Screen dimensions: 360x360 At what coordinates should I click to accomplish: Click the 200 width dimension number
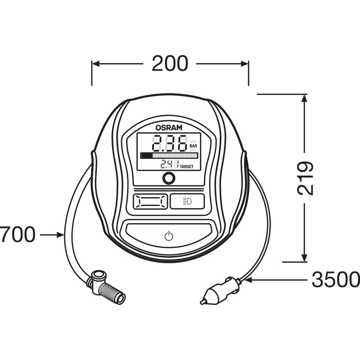pyautogui.click(x=170, y=63)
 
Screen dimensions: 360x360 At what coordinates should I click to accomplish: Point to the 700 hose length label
pyautogui.click(x=18, y=234)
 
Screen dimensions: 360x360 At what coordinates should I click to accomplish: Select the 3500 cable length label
pyautogui.click(x=336, y=279)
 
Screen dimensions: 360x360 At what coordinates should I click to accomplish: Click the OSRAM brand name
pyautogui.click(x=169, y=128)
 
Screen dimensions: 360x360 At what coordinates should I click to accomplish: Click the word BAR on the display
pyautogui.click(x=193, y=146)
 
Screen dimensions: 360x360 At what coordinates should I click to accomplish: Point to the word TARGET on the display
pyautogui.click(x=186, y=167)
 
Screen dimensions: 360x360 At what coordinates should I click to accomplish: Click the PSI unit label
pyautogui.click(x=192, y=150)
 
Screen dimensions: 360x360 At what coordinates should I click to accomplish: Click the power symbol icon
pyautogui.click(x=169, y=236)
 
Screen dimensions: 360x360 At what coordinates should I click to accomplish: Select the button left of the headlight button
pyautogui.click(x=151, y=202)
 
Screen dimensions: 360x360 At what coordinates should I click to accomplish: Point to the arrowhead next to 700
pyautogui.click(x=60, y=235)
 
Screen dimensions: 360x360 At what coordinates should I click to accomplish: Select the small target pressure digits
pyautogui.click(x=170, y=164)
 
